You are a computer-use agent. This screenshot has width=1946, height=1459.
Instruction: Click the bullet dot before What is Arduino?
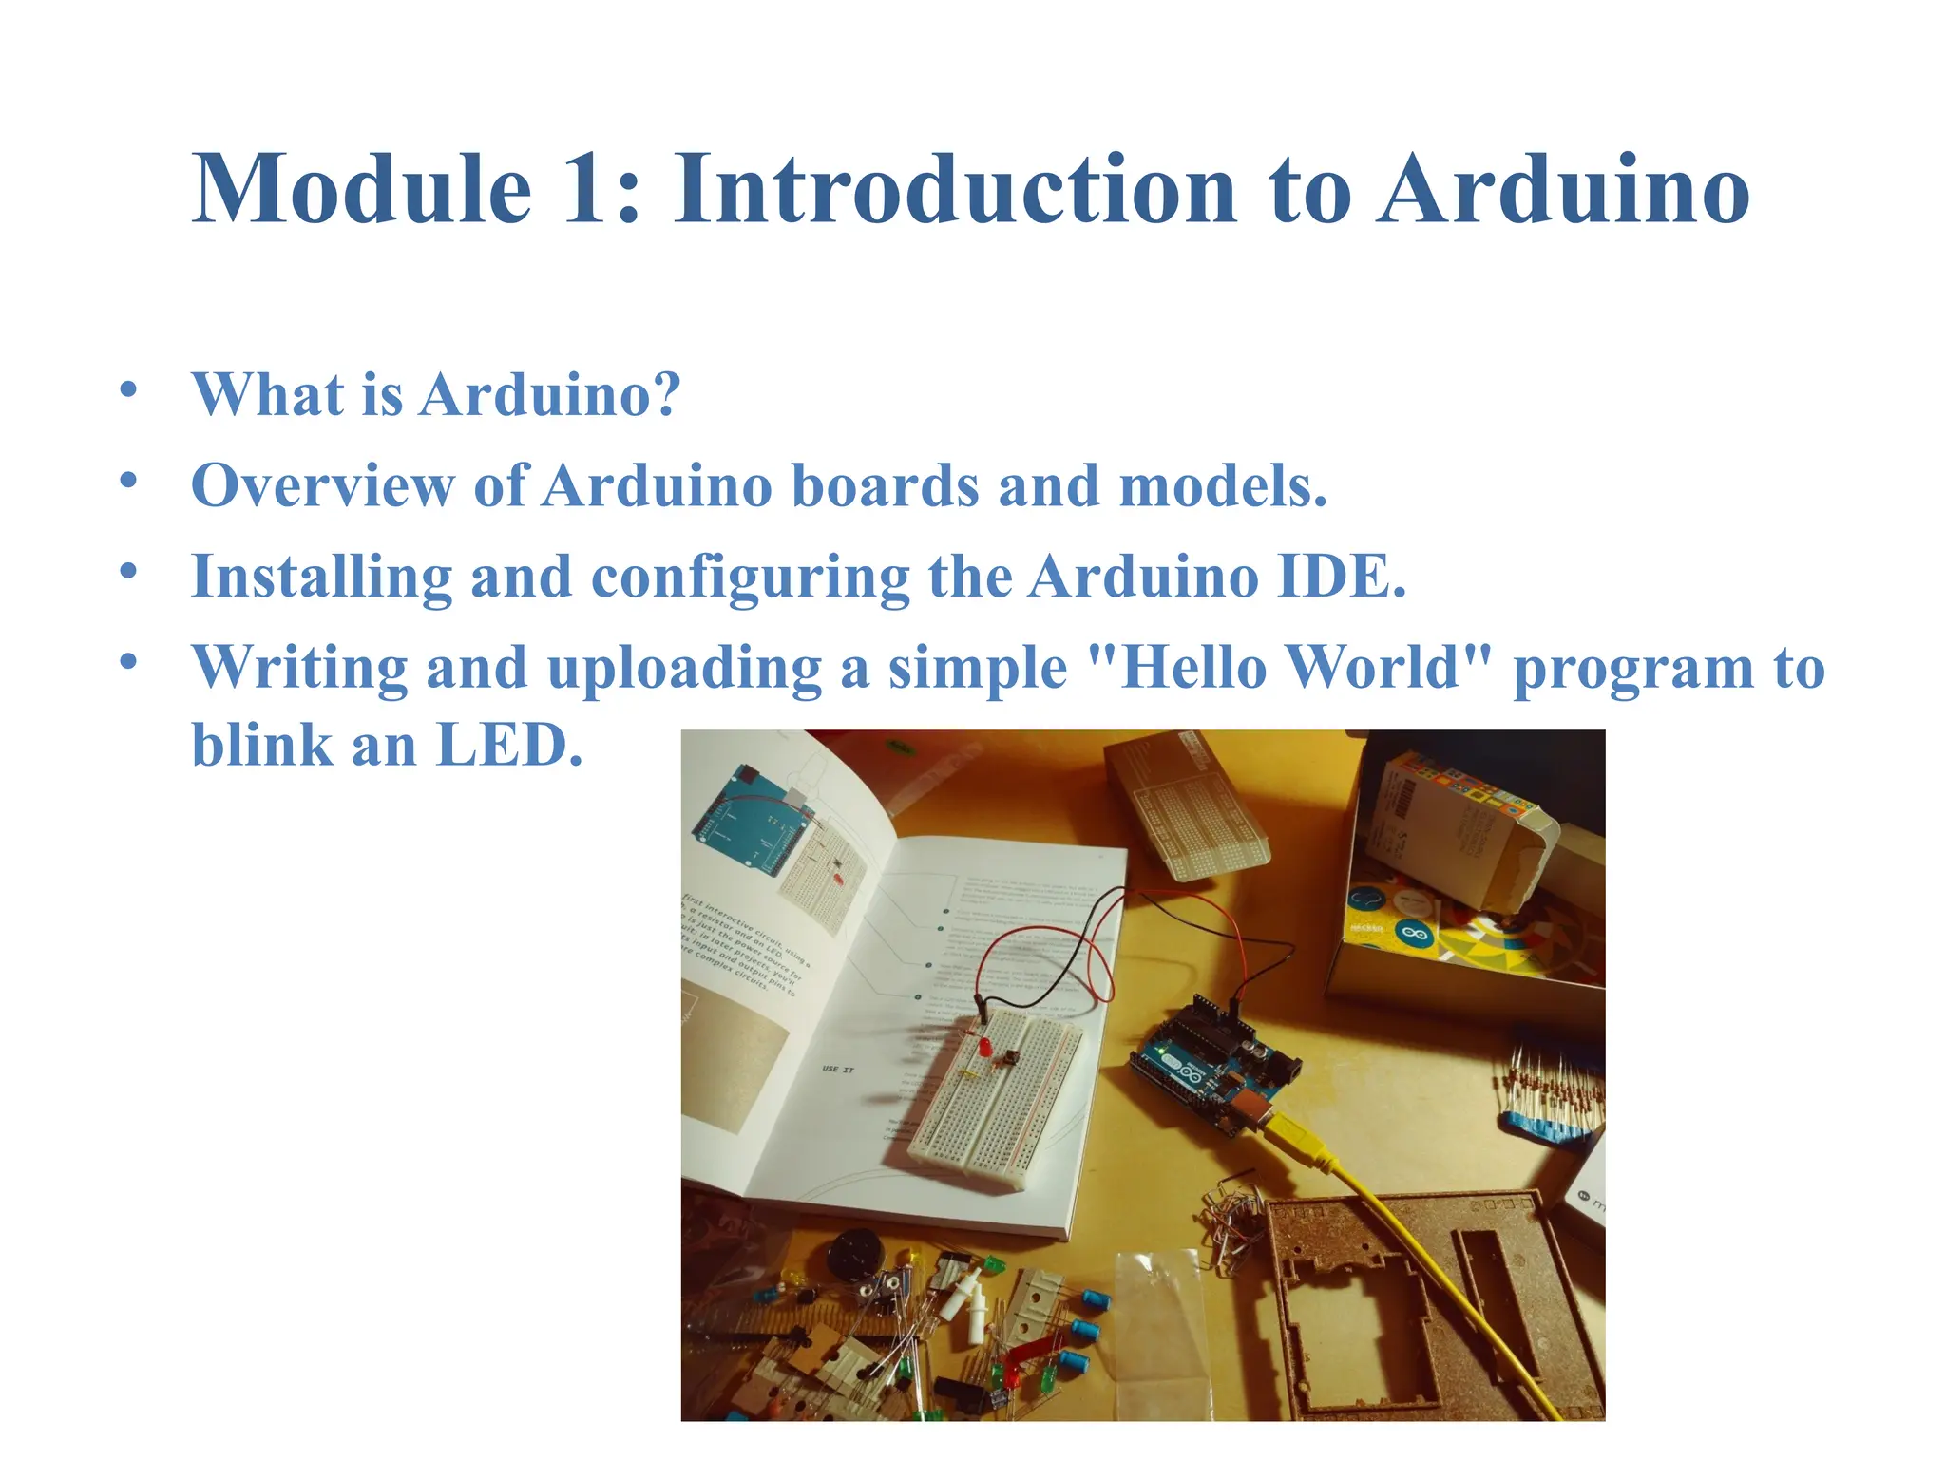[129, 389]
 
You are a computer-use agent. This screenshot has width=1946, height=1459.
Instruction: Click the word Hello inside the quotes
[1194, 667]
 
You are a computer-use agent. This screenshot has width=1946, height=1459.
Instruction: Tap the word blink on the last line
[261, 745]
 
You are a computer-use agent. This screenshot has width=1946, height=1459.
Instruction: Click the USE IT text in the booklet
[837, 1070]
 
